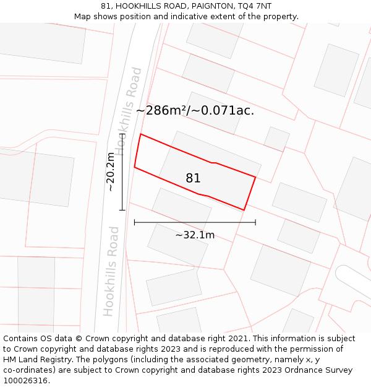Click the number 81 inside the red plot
click(x=193, y=178)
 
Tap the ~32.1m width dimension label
click(x=195, y=235)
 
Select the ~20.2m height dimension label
click(x=111, y=172)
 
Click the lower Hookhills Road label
click(x=111, y=271)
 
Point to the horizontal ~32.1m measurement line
click(x=195, y=222)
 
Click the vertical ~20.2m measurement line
click(x=122, y=172)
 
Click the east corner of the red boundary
click(x=255, y=176)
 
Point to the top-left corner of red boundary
click(x=141, y=134)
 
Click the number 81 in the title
click(x=106, y=6)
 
